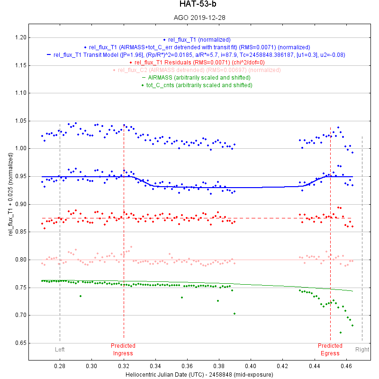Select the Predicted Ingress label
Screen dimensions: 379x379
pyautogui.click(x=123, y=349)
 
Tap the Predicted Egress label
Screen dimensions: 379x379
pyautogui.click(x=330, y=349)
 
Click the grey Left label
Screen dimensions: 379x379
pyautogui.click(x=60, y=350)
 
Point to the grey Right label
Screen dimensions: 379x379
pyautogui.click(x=362, y=350)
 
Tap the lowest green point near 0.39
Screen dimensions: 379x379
pyautogui.click(x=235, y=313)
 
